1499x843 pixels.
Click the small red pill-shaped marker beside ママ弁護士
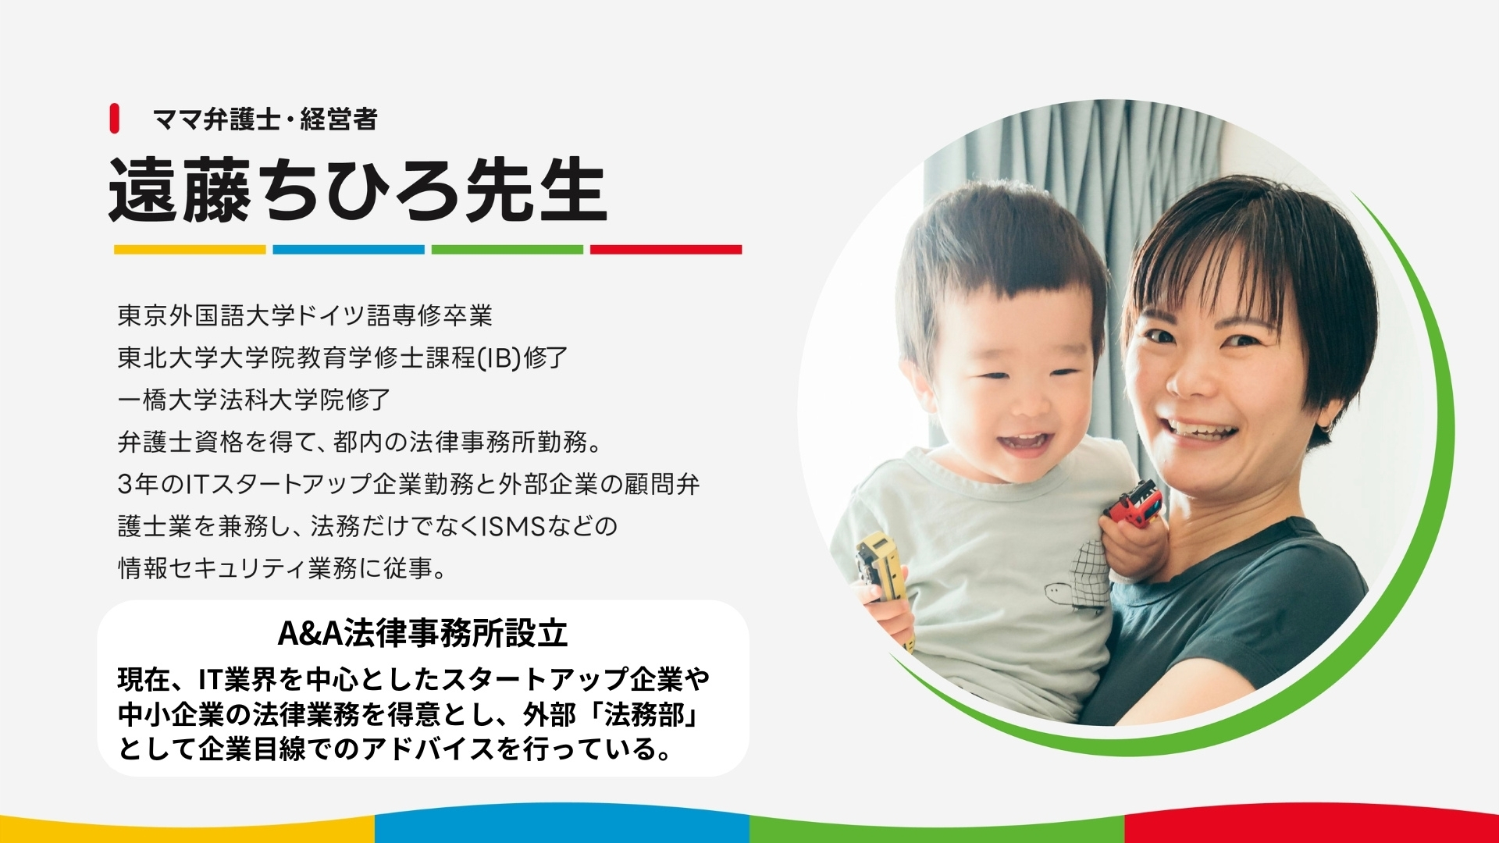(x=114, y=119)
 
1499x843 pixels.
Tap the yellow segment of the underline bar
(x=190, y=250)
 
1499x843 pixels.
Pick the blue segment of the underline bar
(x=348, y=250)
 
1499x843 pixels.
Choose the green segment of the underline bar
(x=507, y=250)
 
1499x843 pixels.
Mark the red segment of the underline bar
(x=666, y=250)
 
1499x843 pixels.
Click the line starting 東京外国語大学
(x=305, y=316)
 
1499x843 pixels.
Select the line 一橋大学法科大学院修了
(x=254, y=400)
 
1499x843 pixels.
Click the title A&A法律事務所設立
(x=422, y=634)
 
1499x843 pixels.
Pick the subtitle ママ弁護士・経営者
(x=265, y=119)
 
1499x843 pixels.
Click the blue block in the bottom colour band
(x=562, y=826)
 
